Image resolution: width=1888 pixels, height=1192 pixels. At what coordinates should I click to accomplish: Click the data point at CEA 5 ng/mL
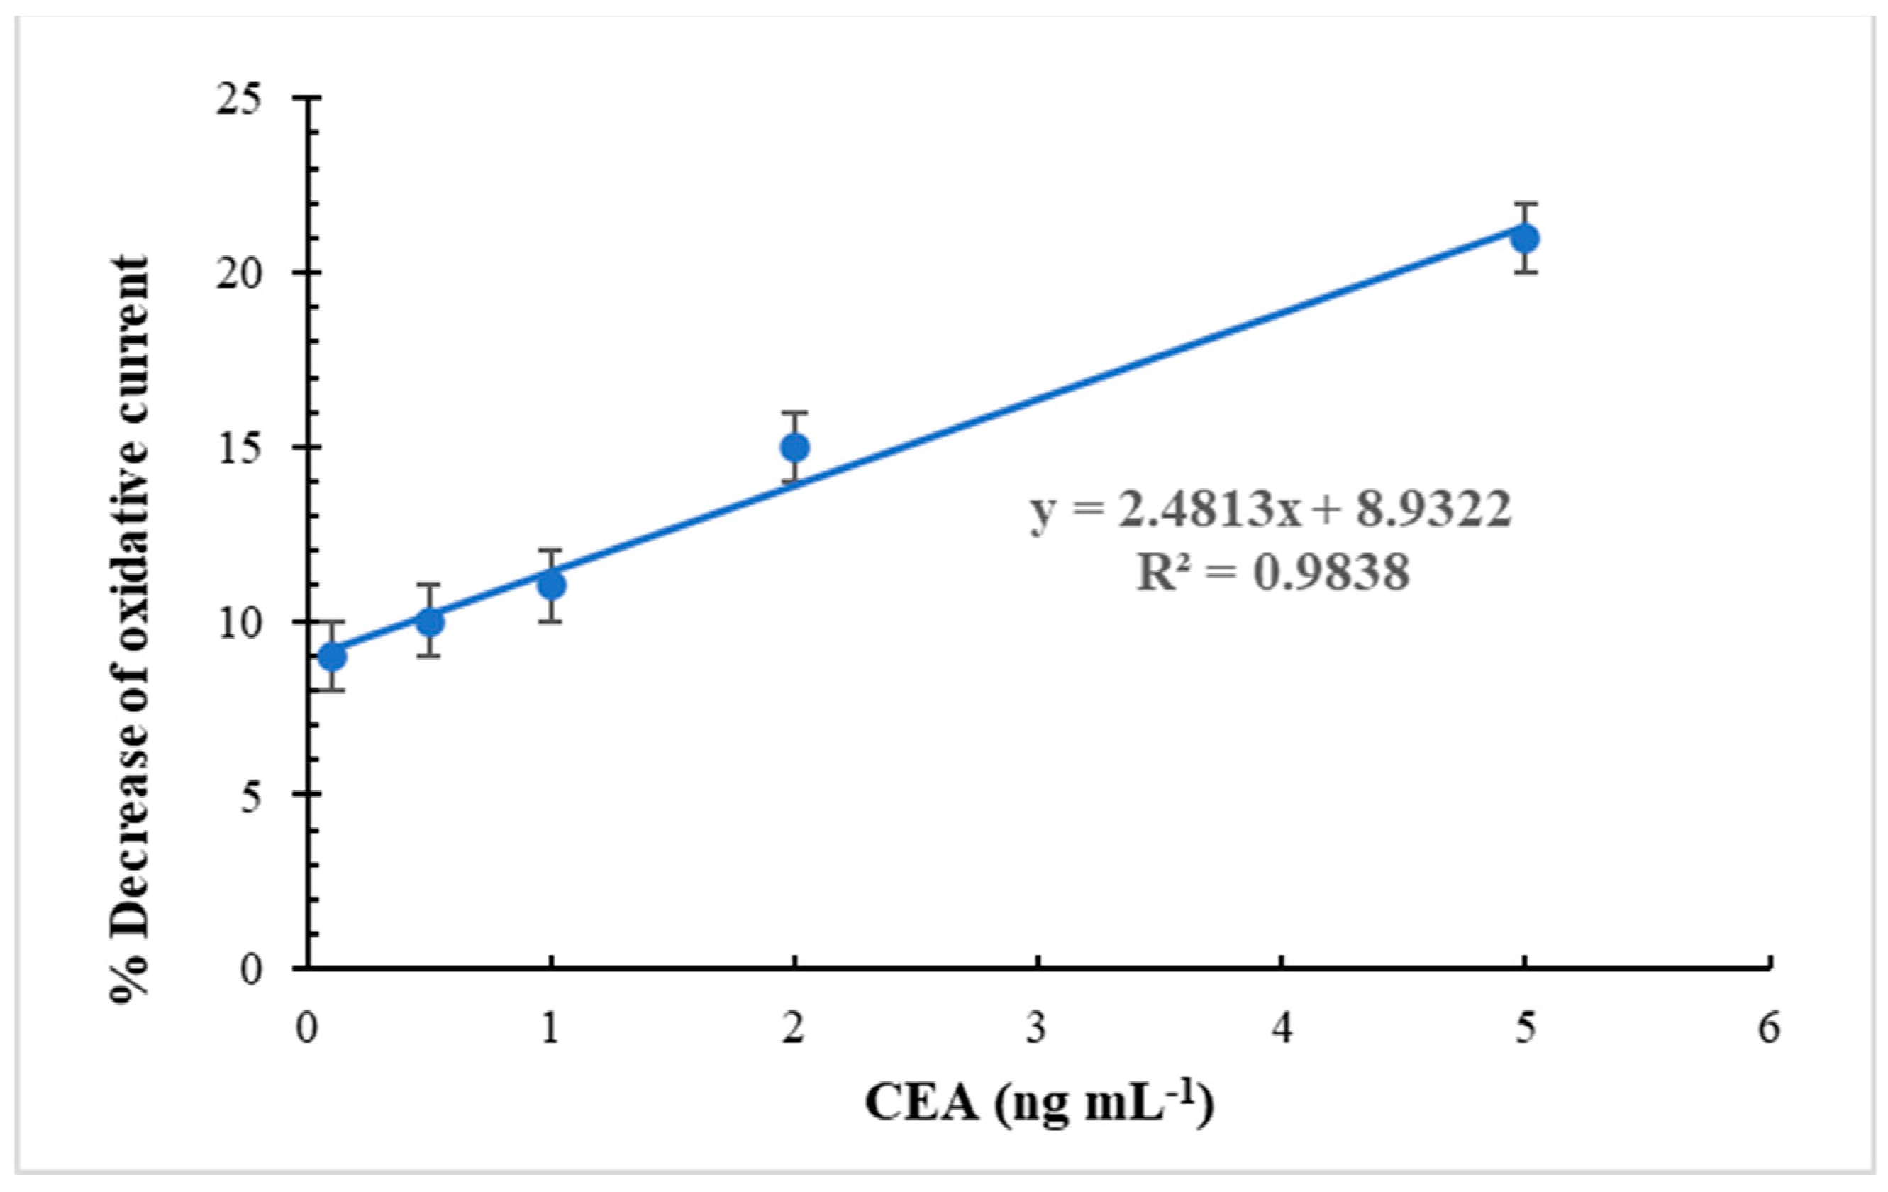[x=1524, y=238]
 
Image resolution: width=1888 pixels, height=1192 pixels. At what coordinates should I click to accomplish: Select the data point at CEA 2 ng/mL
[x=795, y=447]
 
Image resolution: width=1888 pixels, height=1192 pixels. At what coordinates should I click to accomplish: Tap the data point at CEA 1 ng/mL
[x=552, y=586]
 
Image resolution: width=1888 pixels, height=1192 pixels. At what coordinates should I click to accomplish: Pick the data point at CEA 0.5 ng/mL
[x=430, y=622]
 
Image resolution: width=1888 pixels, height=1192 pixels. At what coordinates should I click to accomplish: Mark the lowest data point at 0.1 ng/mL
[x=333, y=656]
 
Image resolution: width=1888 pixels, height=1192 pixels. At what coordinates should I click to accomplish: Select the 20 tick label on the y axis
[x=239, y=274]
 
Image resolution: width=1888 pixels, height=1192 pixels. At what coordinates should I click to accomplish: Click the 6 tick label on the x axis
[x=1768, y=1029]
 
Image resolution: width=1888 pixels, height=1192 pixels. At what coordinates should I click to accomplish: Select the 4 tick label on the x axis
[x=1281, y=1029]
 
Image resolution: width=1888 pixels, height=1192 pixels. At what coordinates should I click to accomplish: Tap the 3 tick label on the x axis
[x=1038, y=1029]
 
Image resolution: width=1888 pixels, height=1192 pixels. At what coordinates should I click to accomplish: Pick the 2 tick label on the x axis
[x=794, y=1029]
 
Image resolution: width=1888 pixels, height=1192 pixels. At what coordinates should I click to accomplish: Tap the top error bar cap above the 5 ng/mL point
[x=1524, y=203]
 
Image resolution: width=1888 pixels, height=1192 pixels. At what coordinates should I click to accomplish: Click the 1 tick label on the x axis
[x=551, y=1029]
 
